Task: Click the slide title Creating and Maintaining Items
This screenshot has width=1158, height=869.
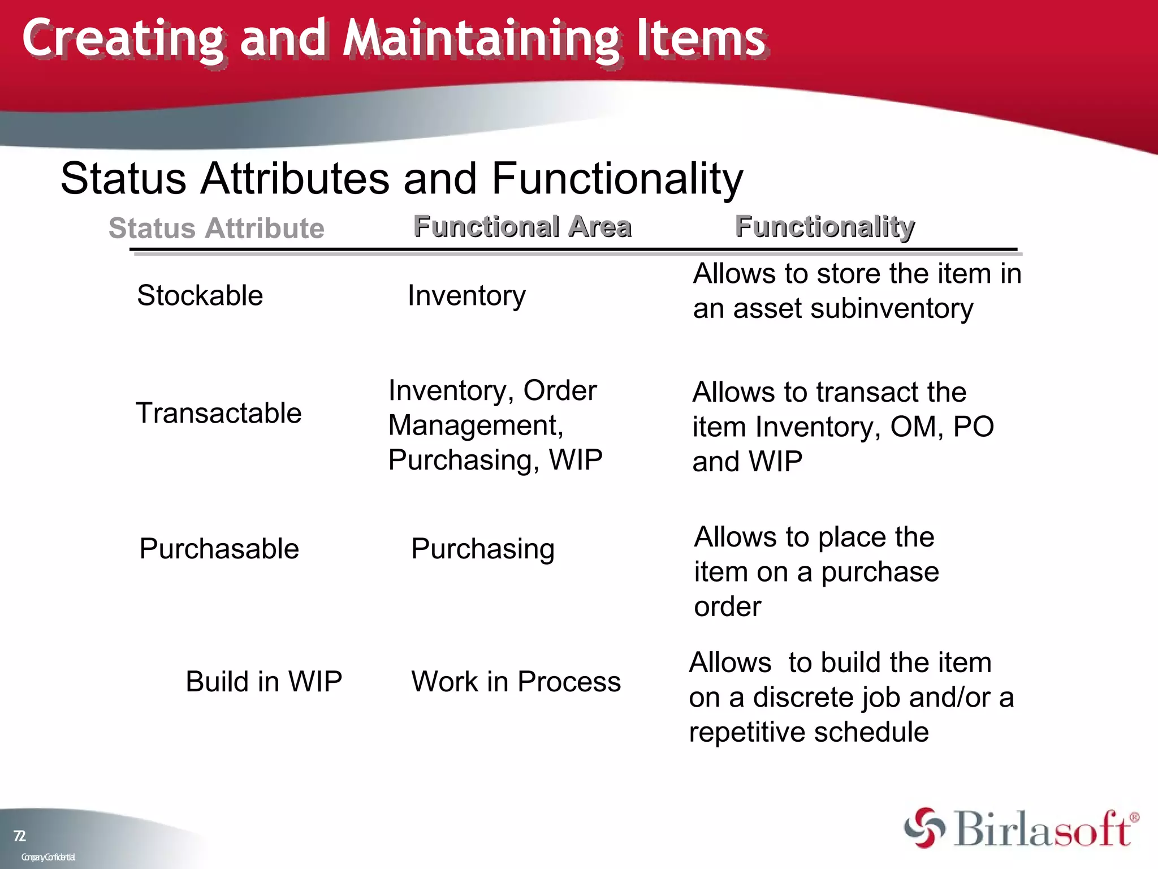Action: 394,38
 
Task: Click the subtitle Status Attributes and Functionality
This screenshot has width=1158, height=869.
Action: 401,179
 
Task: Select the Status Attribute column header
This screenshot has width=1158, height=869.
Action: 217,228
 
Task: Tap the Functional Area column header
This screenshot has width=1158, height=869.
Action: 522,226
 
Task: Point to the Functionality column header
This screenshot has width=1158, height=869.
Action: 824,226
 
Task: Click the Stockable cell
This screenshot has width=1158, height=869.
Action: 200,295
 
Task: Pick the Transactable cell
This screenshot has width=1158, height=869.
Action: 218,413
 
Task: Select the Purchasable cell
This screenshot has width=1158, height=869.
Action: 219,549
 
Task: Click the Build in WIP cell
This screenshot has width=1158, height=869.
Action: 263,681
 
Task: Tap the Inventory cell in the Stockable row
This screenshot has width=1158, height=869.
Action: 466,295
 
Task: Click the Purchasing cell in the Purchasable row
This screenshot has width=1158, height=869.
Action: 482,549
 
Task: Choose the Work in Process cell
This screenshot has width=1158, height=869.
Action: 516,681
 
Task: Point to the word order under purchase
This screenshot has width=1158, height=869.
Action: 727,607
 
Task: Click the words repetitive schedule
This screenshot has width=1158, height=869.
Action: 809,732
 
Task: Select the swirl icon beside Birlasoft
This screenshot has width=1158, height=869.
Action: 924,828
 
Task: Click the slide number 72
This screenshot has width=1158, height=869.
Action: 19,836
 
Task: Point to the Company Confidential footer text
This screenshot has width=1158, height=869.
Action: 48,857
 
